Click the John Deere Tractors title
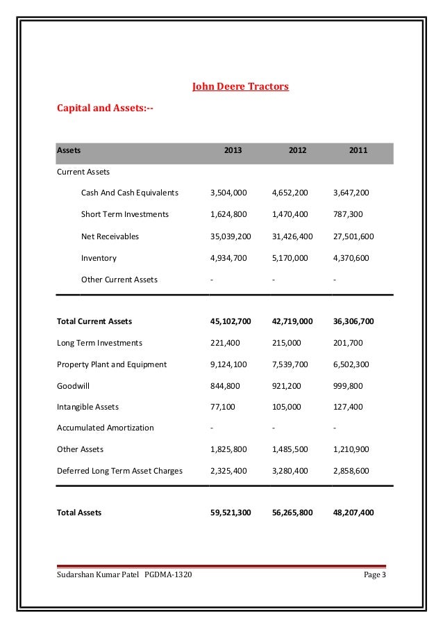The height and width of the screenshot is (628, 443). coord(240,88)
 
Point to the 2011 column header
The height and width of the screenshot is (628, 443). coord(359,150)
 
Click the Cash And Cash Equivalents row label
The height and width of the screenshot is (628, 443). coord(130,193)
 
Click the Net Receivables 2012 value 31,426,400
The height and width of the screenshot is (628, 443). coord(292,236)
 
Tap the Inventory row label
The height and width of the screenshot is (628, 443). coord(99,258)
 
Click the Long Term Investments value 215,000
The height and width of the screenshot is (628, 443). coord(286,343)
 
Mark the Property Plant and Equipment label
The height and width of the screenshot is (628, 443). coord(111,364)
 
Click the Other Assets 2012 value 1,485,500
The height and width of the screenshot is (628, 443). coord(289,449)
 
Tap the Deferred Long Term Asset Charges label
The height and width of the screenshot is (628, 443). coord(119,471)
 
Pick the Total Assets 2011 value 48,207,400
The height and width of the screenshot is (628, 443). coord(353,513)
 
